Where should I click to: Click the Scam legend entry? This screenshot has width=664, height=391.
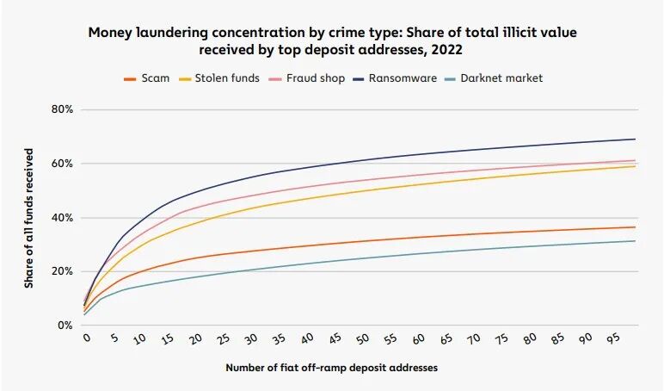(146, 78)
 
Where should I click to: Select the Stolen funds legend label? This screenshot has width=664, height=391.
(219, 78)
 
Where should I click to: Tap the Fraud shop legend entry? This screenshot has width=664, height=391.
(307, 78)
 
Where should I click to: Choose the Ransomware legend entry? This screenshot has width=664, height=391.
(395, 78)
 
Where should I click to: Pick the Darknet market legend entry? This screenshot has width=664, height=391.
(494, 78)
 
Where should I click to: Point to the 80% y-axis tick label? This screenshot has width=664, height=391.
(62, 109)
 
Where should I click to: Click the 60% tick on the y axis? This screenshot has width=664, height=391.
(62, 164)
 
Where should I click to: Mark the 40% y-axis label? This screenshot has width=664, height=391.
(62, 218)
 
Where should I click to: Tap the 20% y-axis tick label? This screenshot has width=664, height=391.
(62, 271)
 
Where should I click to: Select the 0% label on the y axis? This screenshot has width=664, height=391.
(65, 326)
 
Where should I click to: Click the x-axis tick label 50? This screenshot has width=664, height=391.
(362, 339)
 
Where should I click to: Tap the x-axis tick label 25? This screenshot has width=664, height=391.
(224, 339)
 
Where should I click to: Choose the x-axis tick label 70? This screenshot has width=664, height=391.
(473, 338)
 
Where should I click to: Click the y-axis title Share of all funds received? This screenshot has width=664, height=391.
(28, 219)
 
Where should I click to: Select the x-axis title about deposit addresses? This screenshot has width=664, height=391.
(332, 368)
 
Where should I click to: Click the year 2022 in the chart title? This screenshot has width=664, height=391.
(446, 50)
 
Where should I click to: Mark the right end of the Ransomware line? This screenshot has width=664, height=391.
(636, 140)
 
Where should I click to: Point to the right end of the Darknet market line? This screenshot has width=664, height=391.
(636, 241)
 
